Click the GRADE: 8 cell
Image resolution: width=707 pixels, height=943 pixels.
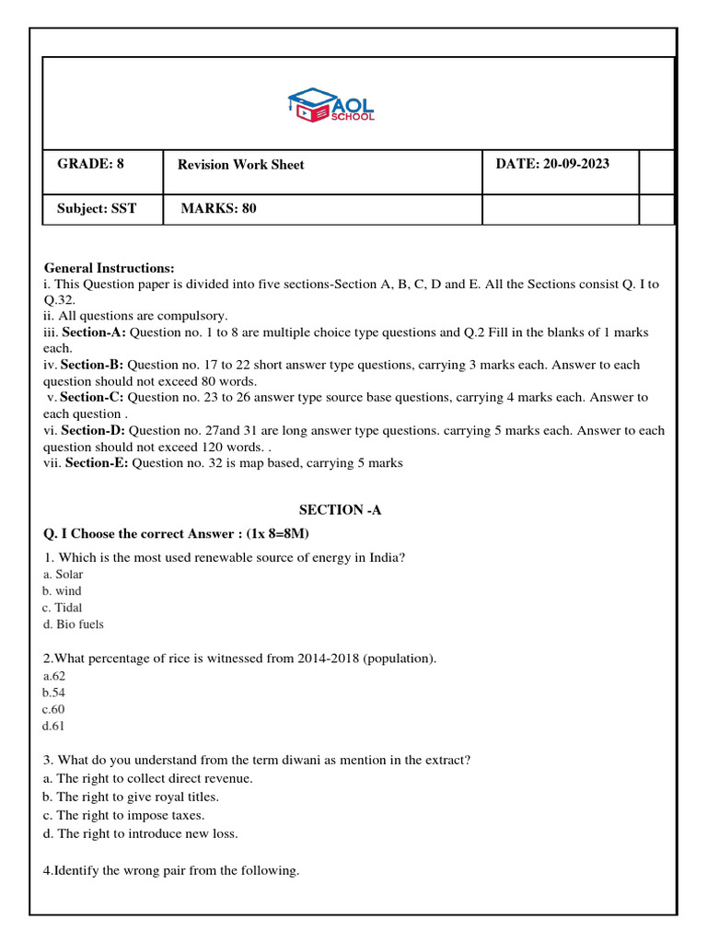point(90,164)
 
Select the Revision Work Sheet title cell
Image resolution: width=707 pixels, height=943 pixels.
point(242,165)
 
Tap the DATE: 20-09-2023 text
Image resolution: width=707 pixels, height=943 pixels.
point(552,164)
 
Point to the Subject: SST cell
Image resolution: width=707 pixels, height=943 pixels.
point(96,209)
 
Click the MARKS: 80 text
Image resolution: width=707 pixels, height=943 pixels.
point(219,209)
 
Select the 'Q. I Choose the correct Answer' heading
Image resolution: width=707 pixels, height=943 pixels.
point(167,533)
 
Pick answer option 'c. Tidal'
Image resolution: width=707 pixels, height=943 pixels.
point(62,608)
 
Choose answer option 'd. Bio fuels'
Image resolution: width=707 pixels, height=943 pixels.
point(73,624)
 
